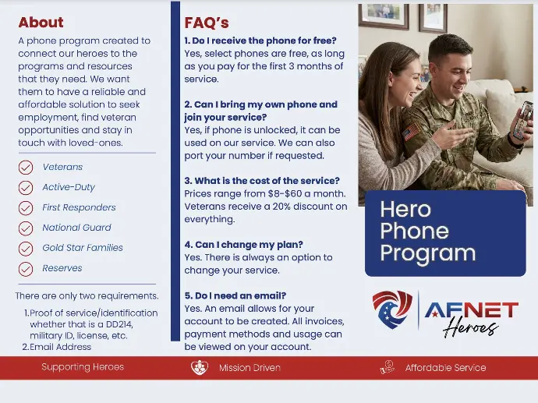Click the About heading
pos(41,23)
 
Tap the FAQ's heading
pos(207,23)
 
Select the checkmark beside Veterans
pos(26,168)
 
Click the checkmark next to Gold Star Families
pos(26,249)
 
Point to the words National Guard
pos(77,228)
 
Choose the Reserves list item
pos(62,268)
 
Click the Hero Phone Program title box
pos(445,233)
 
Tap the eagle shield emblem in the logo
pos(392,309)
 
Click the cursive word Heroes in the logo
pos(470,329)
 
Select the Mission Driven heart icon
pos(200,367)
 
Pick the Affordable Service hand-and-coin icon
pos(387,367)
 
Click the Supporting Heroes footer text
pos(83,367)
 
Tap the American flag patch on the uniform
pos(412,132)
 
